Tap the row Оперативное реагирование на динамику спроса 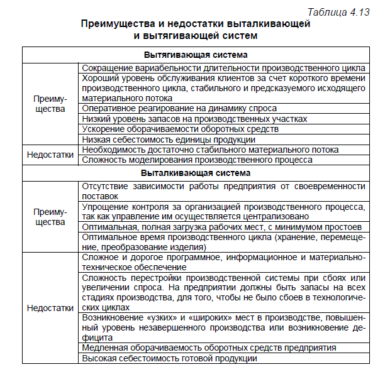coord(180,109)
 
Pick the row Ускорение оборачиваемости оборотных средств coord(181,129)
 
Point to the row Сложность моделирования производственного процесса coord(197,160)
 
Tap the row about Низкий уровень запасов coord(195,119)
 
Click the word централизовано coord(277,216)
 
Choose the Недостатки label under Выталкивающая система coord(49,308)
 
